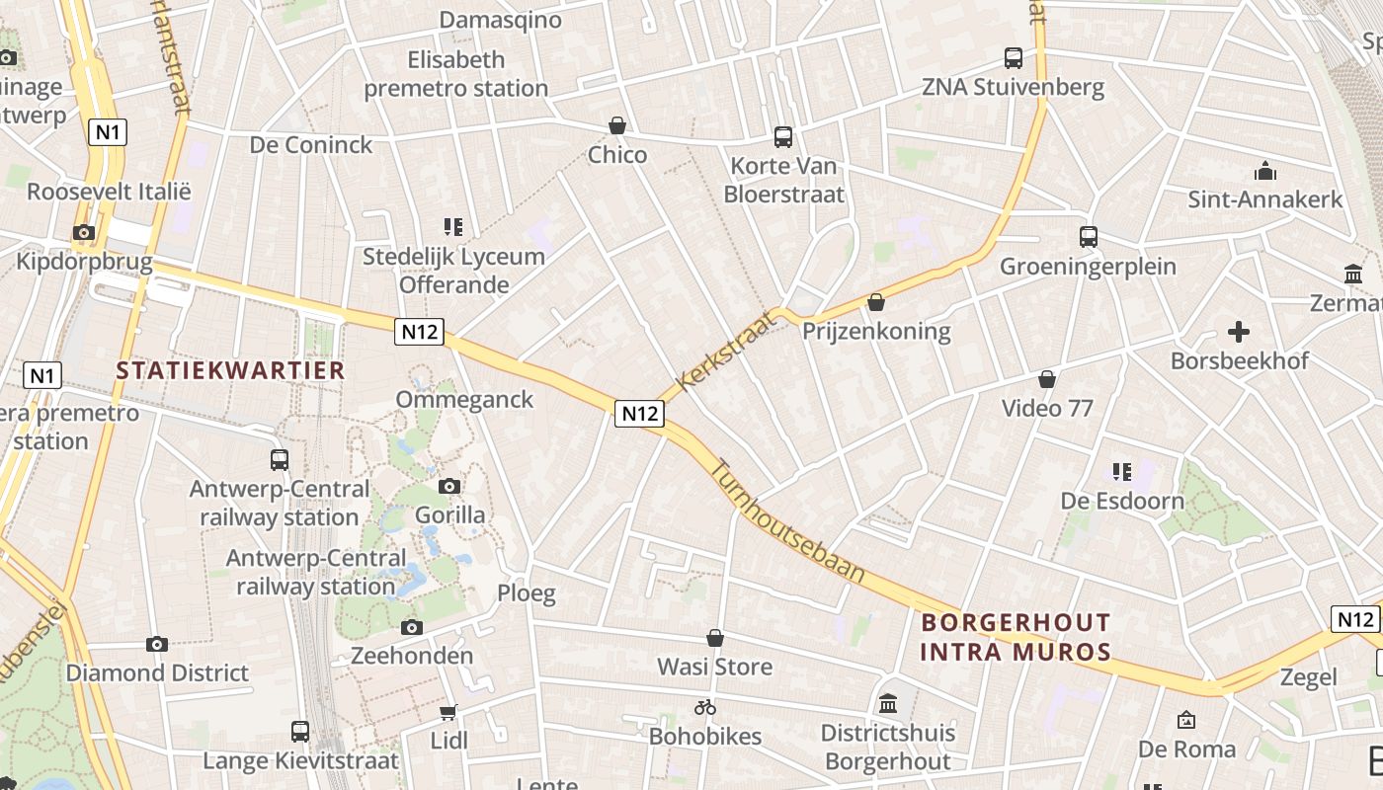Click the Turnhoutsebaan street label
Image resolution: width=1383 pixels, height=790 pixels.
pos(788,521)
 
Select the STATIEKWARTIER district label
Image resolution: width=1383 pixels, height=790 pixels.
pos(230,370)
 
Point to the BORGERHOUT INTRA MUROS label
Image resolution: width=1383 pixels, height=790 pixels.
pos(1016,637)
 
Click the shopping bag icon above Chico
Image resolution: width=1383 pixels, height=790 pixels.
pos(617,125)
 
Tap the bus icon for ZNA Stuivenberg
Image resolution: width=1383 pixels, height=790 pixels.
pos(1014,58)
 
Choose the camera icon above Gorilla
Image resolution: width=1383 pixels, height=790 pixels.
pos(449,486)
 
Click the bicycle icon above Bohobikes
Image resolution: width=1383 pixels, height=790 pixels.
pos(704,707)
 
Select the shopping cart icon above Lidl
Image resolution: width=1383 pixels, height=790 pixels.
pos(448,711)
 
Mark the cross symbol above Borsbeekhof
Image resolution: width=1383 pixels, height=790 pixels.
pos(1239,332)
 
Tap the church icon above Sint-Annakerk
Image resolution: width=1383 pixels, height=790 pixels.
pos(1264,171)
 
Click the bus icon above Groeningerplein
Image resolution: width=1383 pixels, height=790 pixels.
pos(1088,237)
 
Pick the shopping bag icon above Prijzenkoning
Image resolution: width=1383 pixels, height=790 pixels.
pos(875,302)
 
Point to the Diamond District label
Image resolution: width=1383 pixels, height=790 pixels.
pos(157,673)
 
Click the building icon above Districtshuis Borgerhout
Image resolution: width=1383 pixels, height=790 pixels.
pos(887,704)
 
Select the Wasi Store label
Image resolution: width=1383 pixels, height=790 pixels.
pos(715,667)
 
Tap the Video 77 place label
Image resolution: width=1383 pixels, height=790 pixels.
pos(1047,408)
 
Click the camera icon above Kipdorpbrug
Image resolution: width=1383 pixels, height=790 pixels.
pos(84,233)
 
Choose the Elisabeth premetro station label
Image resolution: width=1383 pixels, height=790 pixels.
pos(455,74)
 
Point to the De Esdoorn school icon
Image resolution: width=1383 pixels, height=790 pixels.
pos(1121,472)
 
